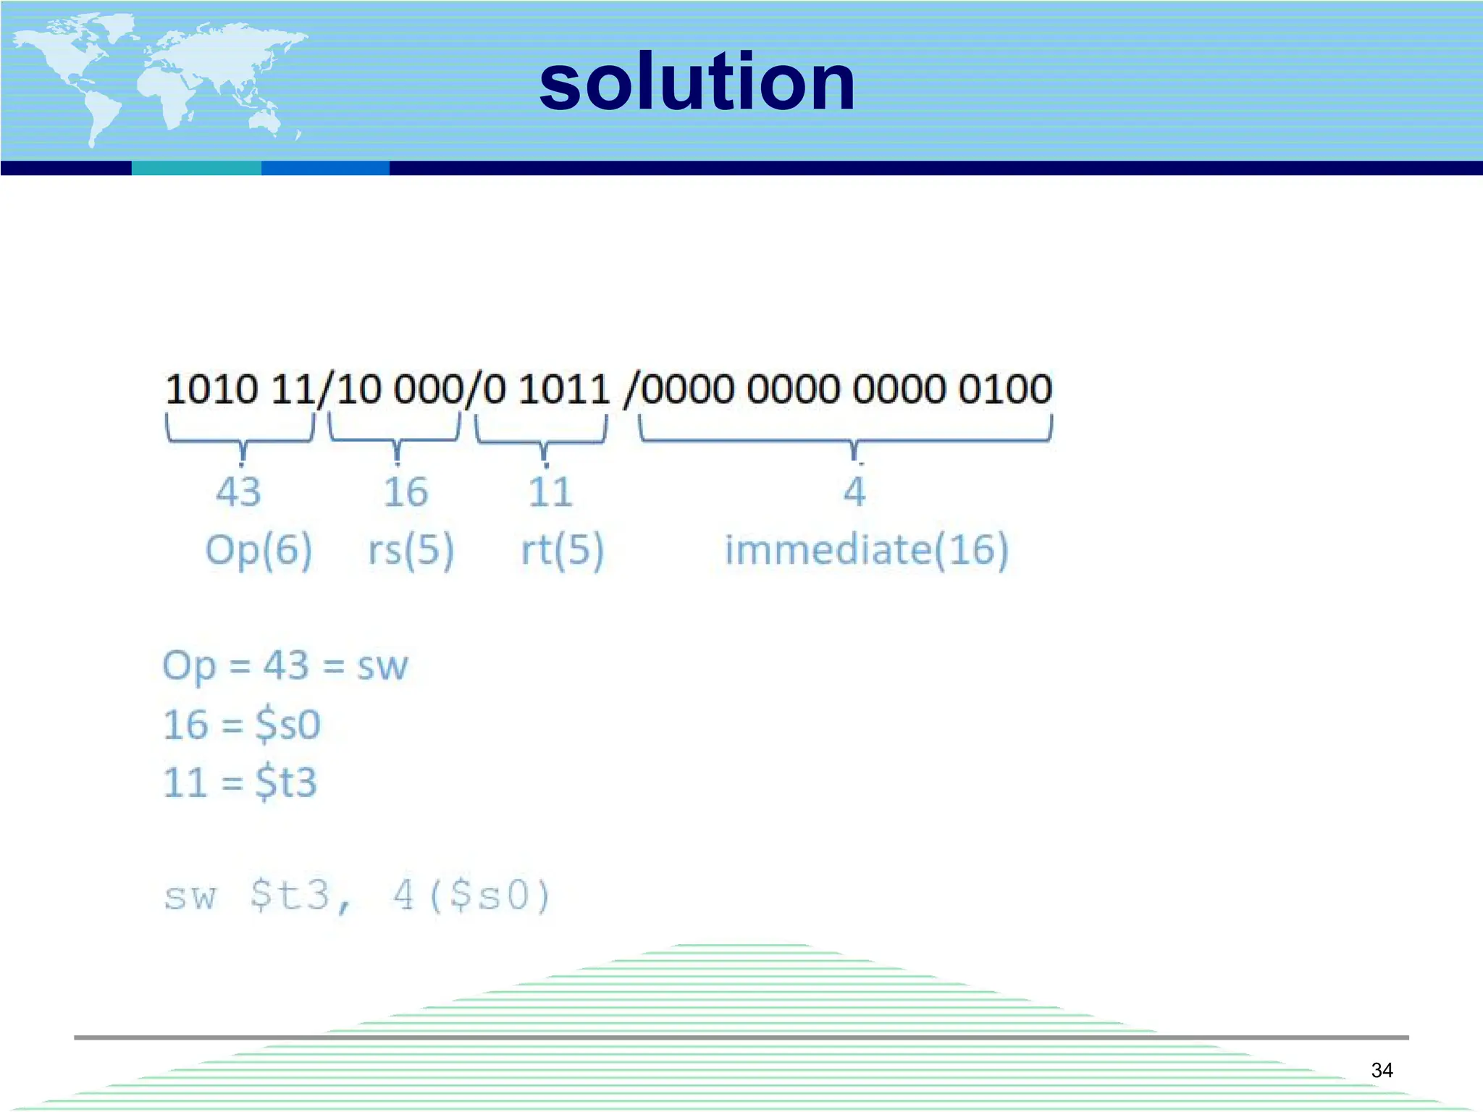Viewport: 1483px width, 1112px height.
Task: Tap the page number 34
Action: [1382, 1070]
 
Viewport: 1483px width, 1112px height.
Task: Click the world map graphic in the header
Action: [159, 80]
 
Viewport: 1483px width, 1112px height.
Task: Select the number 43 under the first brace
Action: [238, 492]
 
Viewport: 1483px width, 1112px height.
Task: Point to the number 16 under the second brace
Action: [406, 492]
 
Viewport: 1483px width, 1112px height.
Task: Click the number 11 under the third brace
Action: [550, 492]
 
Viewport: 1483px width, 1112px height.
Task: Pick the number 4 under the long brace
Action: [854, 492]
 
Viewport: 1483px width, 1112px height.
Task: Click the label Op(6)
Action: [259, 550]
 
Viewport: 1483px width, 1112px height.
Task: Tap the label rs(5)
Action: [411, 550]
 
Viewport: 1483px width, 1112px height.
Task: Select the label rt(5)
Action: [563, 550]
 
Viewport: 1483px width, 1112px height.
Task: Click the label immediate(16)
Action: [867, 550]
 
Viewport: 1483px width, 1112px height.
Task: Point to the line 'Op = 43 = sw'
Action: [285, 665]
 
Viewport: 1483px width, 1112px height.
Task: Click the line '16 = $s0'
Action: [242, 724]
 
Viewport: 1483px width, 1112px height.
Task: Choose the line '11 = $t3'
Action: [240, 782]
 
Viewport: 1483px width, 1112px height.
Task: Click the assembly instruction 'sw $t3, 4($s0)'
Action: [357, 896]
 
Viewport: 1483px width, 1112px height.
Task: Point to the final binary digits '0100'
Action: [1005, 389]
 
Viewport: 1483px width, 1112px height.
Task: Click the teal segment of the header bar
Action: [196, 168]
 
